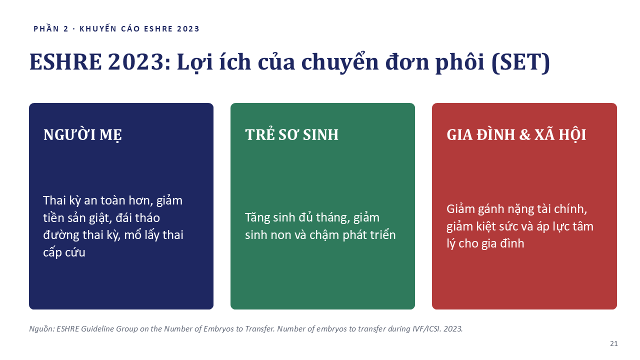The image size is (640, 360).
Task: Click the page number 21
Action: [x=613, y=343]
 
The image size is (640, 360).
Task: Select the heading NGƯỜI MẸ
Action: [x=82, y=135]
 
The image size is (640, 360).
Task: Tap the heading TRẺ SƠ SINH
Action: [x=291, y=134]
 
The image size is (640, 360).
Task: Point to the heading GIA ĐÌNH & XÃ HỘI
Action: [x=516, y=134]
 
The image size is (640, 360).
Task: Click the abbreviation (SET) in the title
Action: [x=520, y=62]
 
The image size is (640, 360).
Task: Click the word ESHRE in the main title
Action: [x=65, y=61]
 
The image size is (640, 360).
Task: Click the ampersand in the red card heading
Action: [x=524, y=135]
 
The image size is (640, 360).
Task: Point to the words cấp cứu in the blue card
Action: [x=64, y=252]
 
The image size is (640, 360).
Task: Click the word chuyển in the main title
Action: [x=340, y=62]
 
